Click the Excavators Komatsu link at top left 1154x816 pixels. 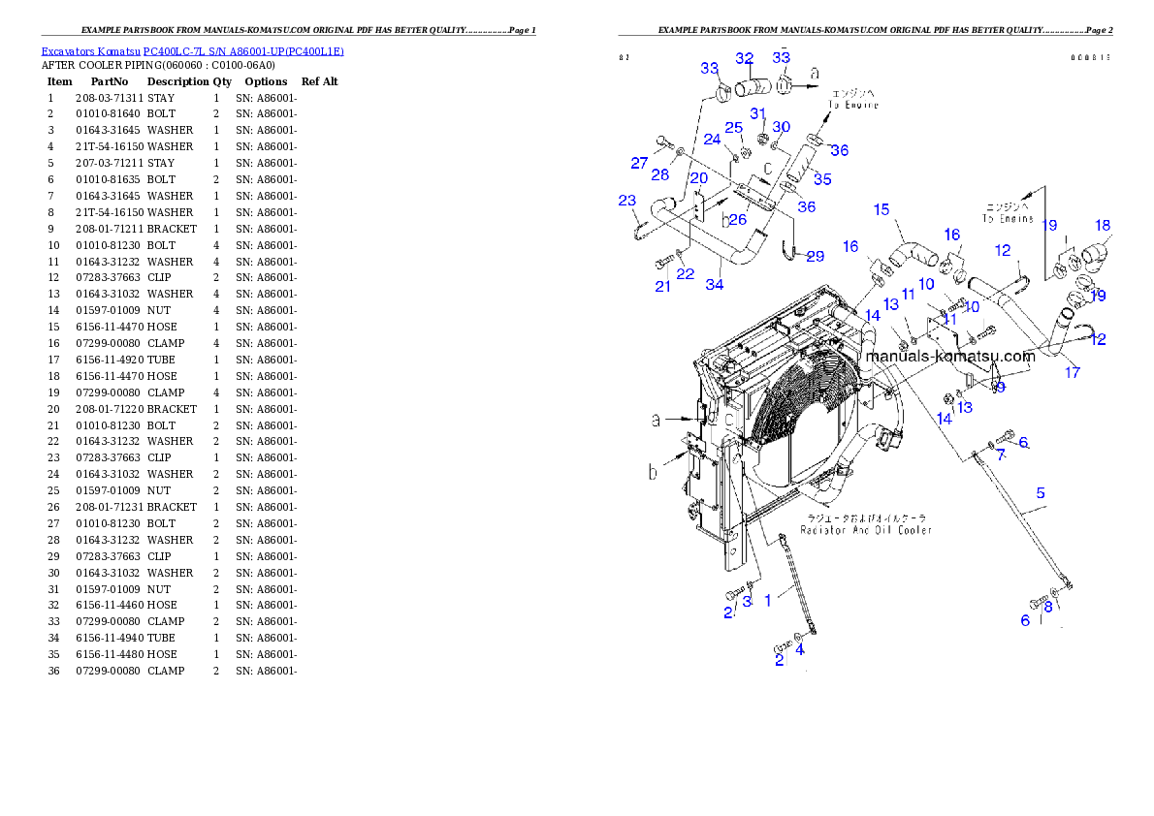click(x=192, y=51)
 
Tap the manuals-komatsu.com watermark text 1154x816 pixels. click(x=950, y=356)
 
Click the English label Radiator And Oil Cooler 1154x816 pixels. click(x=866, y=530)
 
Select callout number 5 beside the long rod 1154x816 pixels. click(x=1041, y=493)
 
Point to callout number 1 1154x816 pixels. click(x=767, y=601)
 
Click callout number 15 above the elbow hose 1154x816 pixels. click(x=882, y=209)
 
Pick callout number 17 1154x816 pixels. click(x=1072, y=371)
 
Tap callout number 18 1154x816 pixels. click(x=1103, y=225)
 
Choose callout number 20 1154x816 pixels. click(x=698, y=178)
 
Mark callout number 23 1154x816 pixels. click(x=627, y=201)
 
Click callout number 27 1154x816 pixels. click(x=639, y=163)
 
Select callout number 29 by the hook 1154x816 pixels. click(x=816, y=256)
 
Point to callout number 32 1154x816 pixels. click(x=744, y=58)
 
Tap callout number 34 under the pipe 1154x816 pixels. click(x=715, y=284)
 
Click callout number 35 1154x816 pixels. click(x=822, y=179)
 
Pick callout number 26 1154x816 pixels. click(x=738, y=219)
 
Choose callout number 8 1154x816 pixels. click(x=1048, y=607)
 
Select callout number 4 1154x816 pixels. click(x=800, y=650)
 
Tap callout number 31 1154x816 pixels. click(x=757, y=113)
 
